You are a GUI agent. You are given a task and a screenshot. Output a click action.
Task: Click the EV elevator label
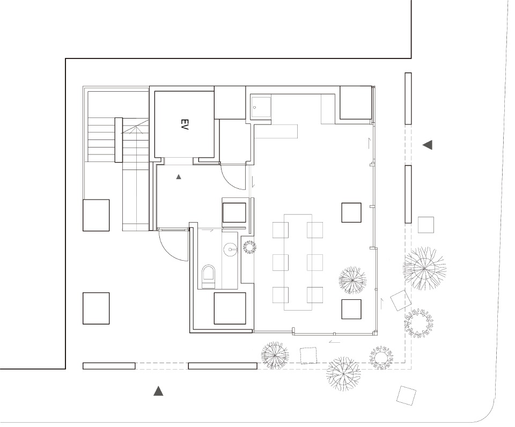184,124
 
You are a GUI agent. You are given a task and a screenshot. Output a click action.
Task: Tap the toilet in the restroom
208,276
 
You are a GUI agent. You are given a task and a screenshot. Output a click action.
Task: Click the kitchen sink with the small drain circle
261,107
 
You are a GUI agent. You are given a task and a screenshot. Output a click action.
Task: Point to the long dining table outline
298,262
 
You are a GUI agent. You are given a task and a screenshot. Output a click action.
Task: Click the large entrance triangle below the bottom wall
159,391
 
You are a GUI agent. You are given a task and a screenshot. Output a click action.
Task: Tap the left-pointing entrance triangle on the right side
428,144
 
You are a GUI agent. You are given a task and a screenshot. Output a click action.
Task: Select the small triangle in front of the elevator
179,176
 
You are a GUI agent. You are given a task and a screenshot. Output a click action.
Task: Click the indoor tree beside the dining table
352,280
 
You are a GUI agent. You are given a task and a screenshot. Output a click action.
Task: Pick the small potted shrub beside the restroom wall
249,247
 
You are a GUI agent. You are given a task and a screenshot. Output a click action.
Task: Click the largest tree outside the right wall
424,269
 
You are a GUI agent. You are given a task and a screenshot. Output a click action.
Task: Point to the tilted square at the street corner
406,395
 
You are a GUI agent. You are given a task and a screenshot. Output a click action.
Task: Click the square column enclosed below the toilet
230,308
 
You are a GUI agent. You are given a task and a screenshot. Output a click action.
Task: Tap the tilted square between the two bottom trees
308,355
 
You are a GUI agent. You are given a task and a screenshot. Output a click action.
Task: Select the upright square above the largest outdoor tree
425,225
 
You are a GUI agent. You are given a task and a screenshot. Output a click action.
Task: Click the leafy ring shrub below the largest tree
419,323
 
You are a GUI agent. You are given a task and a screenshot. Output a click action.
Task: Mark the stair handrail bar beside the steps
118,140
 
